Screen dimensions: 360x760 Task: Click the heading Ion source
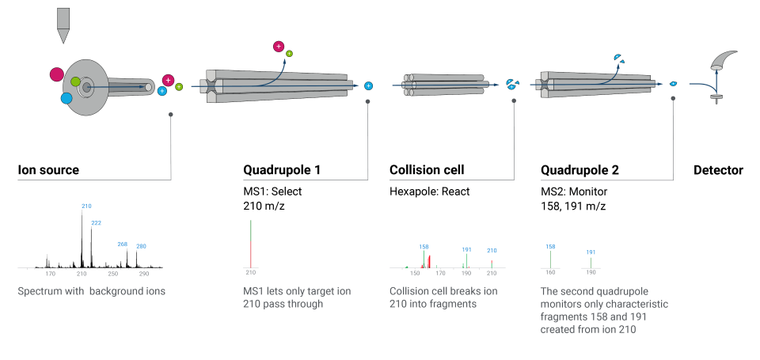(48, 170)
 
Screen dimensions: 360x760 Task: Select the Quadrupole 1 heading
(282, 170)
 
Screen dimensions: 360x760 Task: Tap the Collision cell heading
(427, 170)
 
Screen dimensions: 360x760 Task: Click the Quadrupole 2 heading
(579, 170)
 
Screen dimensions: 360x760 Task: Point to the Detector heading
(718, 170)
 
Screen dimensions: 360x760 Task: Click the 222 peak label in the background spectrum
(97, 224)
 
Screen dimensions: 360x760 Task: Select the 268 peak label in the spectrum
(122, 244)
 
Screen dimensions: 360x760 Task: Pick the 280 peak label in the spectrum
(141, 246)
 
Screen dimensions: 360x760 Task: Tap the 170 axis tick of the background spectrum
(51, 274)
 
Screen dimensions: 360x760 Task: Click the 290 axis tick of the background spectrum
(144, 274)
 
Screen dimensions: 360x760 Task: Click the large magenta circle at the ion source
(56, 75)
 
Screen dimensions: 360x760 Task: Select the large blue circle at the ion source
(66, 98)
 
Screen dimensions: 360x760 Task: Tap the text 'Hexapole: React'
(430, 191)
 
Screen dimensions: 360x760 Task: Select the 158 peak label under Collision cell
(424, 246)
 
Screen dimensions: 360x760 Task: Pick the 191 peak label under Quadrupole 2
(591, 252)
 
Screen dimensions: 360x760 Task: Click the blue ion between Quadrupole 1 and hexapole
(368, 85)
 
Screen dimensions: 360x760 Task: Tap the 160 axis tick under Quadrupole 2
(550, 272)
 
